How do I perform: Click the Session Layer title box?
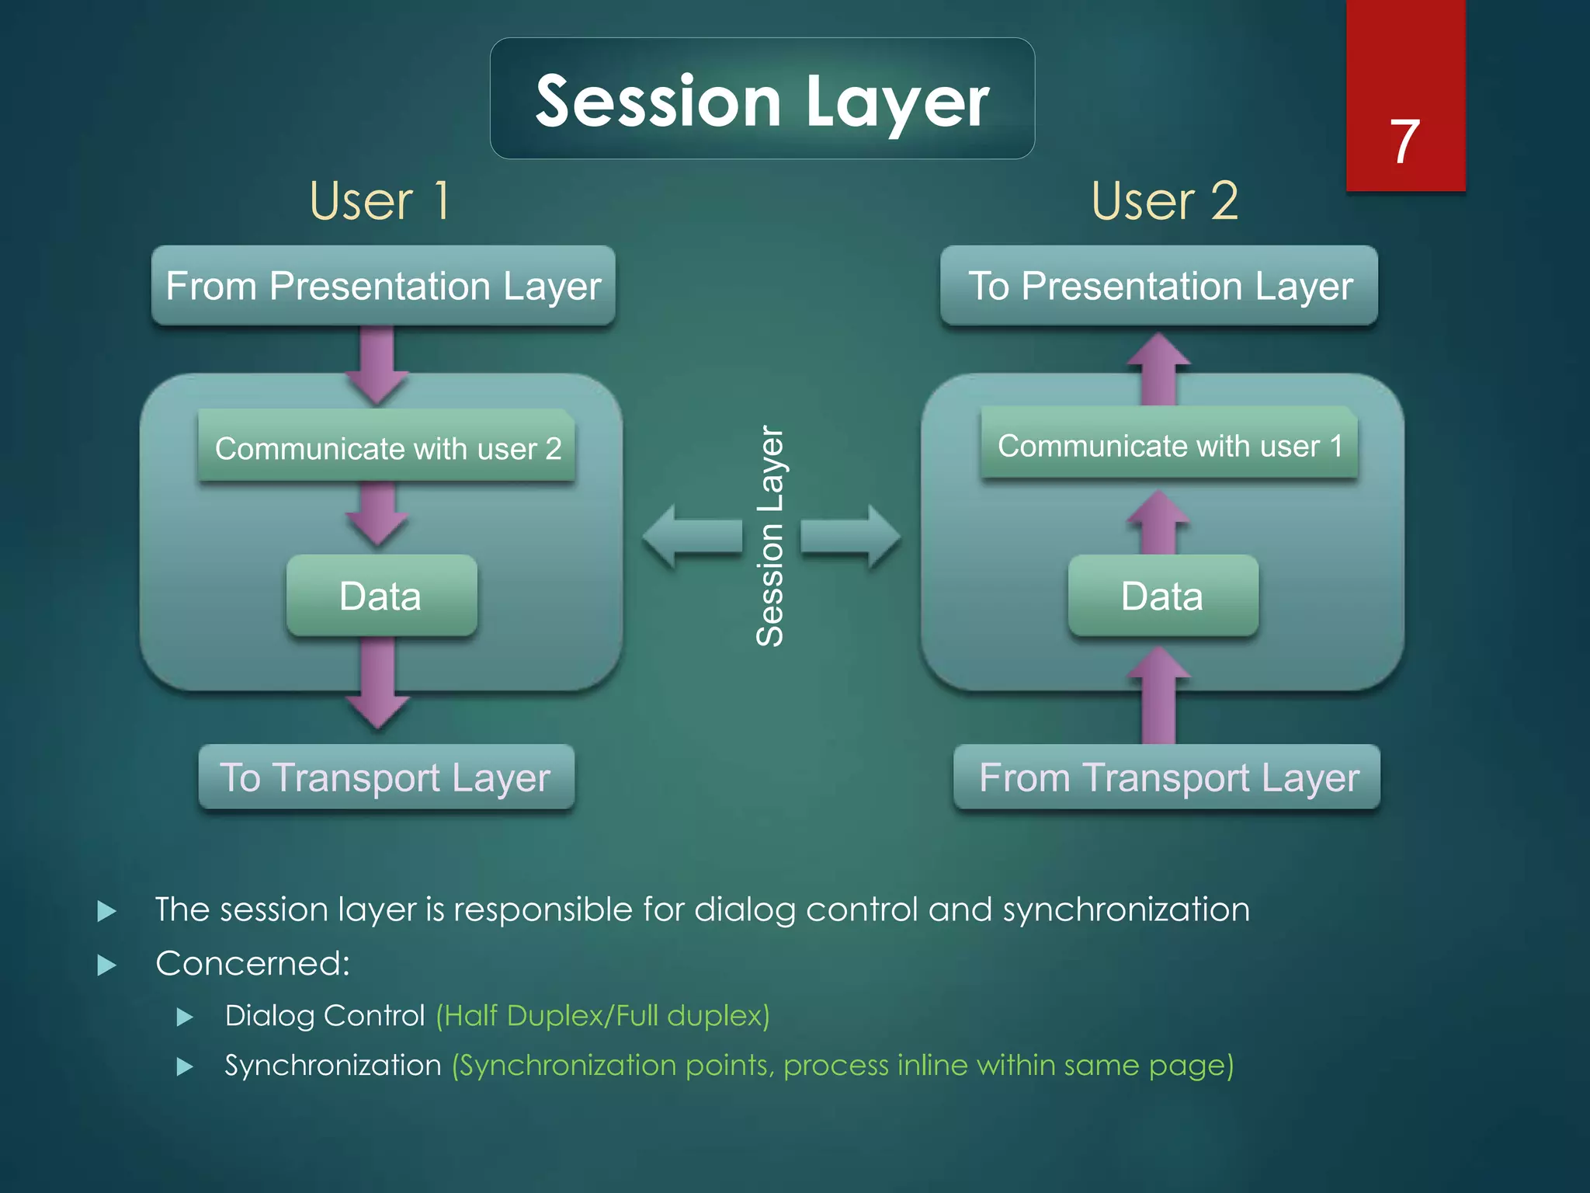(762, 99)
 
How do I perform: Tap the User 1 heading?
(379, 201)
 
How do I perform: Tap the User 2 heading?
(1164, 201)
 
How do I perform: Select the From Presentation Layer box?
(383, 285)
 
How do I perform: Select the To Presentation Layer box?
(1159, 285)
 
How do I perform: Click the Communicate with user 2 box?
(387, 447)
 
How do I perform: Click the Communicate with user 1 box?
(1168, 444)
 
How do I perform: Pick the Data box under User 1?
(380, 596)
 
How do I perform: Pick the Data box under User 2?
(1162, 596)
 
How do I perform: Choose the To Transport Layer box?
(386, 777)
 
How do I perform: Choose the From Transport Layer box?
(1167, 777)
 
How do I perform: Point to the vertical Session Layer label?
(770, 536)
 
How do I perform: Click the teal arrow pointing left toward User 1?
(691, 536)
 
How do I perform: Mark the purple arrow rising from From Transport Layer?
(1158, 695)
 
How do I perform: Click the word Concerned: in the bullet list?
(252, 963)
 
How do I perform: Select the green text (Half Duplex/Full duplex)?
(602, 1016)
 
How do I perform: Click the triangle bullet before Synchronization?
(185, 1066)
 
